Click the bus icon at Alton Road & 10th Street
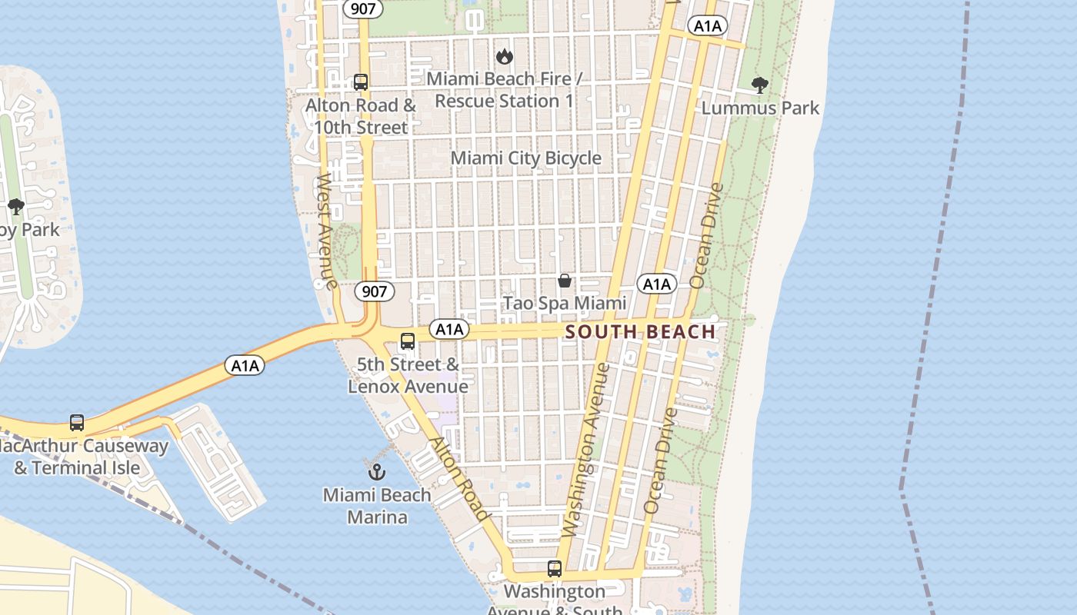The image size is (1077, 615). (361, 81)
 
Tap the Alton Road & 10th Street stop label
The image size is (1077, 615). (361, 116)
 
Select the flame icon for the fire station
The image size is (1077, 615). (505, 56)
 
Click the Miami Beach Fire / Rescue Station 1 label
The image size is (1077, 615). (504, 90)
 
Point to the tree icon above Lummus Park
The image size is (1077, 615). (760, 85)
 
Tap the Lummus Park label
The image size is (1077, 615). (760, 108)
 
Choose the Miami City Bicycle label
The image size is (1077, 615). (525, 158)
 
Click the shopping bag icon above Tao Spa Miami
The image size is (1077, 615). (565, 281)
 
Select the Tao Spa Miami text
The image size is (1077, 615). (565, 304)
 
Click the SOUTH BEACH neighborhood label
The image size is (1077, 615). (640, 332)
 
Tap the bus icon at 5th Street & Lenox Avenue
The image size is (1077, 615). (408, 341)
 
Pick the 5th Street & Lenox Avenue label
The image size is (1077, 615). (408, 375)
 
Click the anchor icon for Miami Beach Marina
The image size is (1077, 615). (377, 471)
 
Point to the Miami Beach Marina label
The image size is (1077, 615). (377, 505)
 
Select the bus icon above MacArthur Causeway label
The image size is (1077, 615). (77, 422)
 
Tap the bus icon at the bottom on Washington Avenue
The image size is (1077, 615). (555, 569)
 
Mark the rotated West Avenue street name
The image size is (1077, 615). (327, 231)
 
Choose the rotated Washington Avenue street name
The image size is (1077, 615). (585, 450)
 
